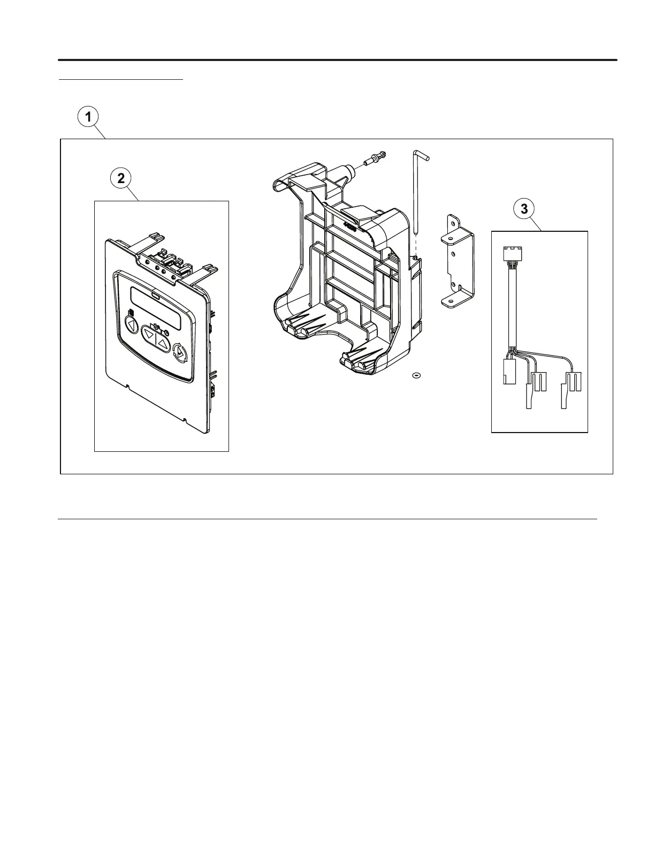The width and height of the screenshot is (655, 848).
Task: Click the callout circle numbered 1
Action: [x=88, y=117]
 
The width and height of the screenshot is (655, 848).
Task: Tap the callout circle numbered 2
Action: [x=121, y=178]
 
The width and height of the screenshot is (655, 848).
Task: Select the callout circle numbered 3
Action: [x=524, y=209]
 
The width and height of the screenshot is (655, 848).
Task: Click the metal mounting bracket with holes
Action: [x=456, y=262]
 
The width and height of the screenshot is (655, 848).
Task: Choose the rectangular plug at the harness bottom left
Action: [x=508, y=372]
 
